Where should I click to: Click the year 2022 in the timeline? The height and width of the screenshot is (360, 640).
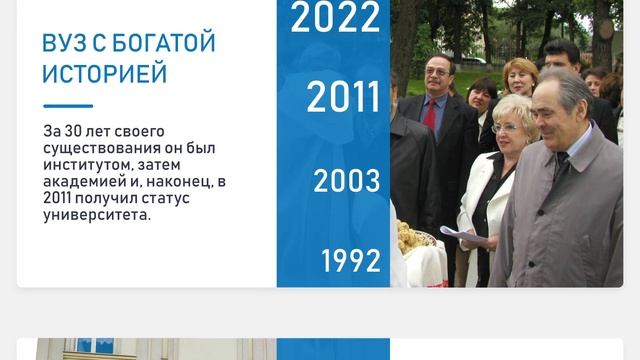click(x=335, y=18)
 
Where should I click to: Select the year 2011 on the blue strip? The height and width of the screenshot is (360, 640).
click(x=343, y=97)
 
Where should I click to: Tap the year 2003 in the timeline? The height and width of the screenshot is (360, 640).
click(x=346, y=181)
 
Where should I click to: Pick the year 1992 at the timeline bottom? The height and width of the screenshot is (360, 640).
click(x=350, y=261)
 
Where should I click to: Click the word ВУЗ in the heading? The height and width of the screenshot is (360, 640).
click(x=63, y=44)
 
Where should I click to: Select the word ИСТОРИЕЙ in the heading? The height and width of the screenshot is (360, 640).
click(x=104, y=74)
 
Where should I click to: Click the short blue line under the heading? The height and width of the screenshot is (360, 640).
click(x=68, y=106)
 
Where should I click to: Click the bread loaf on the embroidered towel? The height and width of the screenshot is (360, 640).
click(x=412, y=238)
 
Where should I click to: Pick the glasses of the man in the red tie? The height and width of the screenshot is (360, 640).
click(x=438, y=71)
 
